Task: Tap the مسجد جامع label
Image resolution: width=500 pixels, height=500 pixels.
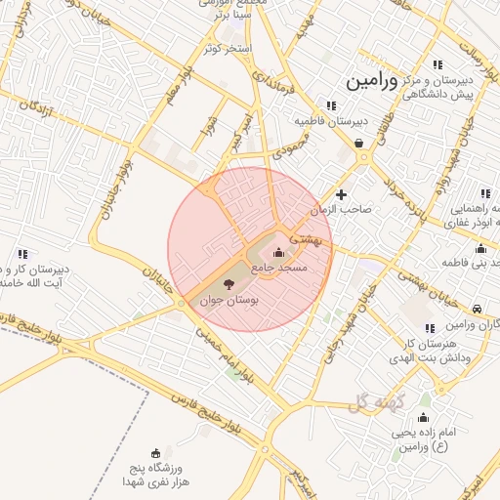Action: [279, 266]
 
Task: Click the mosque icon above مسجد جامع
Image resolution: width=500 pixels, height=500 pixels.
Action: [279, 252]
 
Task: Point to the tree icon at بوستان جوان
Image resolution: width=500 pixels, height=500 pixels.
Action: [228, 284]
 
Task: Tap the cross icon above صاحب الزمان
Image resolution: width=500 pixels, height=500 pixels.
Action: [341, 194]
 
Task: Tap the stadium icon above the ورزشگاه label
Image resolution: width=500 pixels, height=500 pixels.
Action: [153, 452]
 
